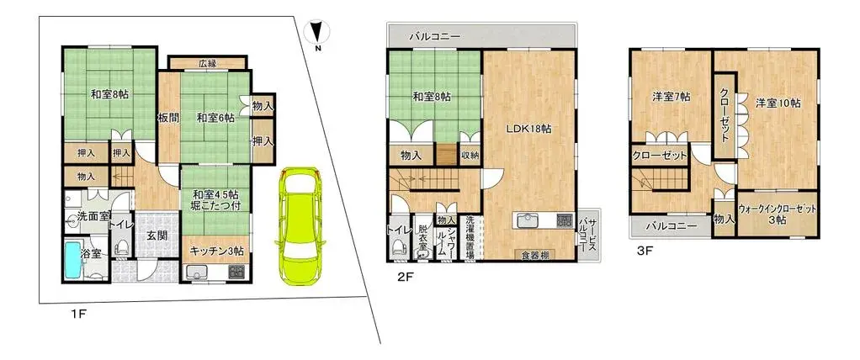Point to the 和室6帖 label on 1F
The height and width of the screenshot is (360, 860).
[215, 118]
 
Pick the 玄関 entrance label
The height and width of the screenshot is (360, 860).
[157, 236]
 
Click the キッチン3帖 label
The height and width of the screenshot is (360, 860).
[216, 251]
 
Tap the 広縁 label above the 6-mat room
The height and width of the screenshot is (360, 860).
[207, 63]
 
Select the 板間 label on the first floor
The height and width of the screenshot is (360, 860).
[167, 118]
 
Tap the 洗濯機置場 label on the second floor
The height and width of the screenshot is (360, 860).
[470, 235]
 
